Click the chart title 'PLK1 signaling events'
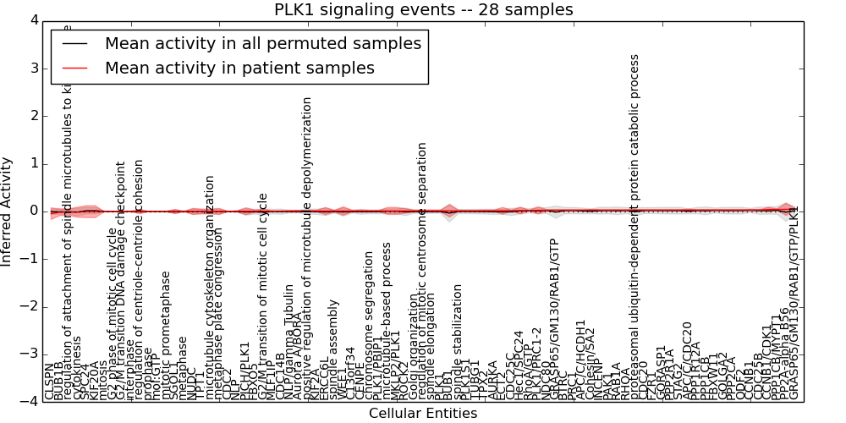[x=423, y=10]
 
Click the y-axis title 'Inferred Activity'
[x=8, y=211]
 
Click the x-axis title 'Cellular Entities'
[x=423, y=414]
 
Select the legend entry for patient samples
[x=239, y=69]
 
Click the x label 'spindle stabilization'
[x=458, y=342]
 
